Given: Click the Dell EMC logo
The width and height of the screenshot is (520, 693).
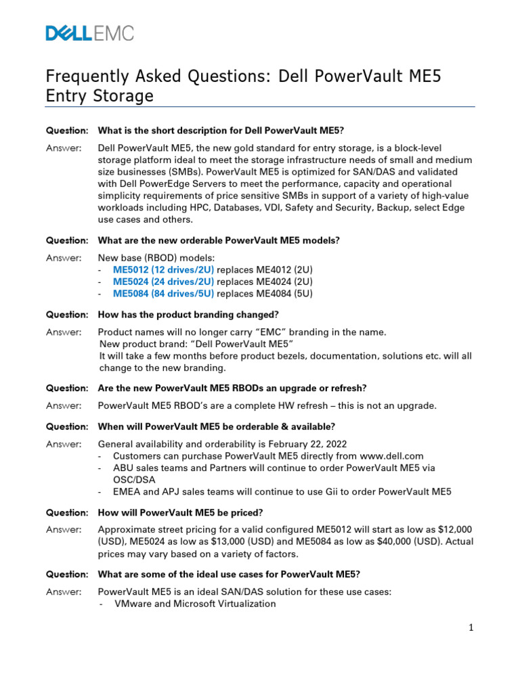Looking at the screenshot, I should click(89, 33).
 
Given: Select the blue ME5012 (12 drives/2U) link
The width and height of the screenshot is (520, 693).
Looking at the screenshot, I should click(163, 269).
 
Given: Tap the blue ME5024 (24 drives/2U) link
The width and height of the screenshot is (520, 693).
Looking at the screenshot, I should click(163, 282).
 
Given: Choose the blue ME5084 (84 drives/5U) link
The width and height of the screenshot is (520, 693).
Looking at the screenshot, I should click(163, 294).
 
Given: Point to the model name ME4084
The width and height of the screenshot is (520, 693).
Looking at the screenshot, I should click(272, 294).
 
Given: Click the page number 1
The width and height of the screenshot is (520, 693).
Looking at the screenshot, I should click(471, 628).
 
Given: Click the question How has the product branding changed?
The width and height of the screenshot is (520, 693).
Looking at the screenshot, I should click(188, 315).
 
